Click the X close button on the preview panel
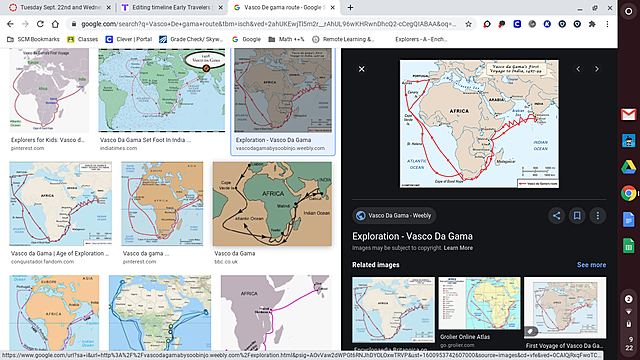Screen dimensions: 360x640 click(362, 69)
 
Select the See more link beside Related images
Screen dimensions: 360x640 click(591, 265)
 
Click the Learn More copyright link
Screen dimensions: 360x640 click(459, 247)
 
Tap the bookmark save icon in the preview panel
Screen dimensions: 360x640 click(577, 215)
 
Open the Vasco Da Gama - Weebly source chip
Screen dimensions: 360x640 click(393, 215)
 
